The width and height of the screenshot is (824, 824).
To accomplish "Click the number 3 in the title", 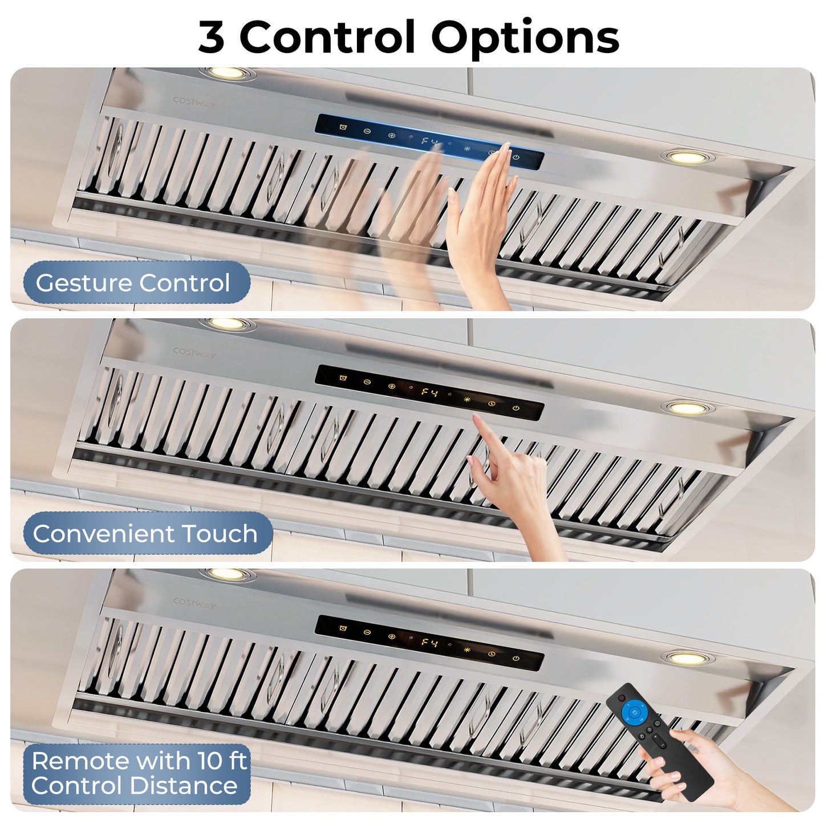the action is [x=212, y=37].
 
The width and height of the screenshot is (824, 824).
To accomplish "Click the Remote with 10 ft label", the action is [x=139, y=761].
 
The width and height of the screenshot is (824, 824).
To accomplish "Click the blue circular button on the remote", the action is [x=635, y=712].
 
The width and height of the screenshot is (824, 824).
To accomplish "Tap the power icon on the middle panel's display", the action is [x=515, y=408].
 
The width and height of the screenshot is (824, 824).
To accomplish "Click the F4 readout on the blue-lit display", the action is [x=430, y=141].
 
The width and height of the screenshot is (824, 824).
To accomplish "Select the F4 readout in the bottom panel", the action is [x=430, y=642].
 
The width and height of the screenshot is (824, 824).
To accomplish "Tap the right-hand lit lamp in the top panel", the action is [x=687, y=157].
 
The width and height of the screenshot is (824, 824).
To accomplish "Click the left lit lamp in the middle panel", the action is [x=227, y=324].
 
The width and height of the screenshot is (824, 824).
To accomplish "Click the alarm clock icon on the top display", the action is [x=343, y=127].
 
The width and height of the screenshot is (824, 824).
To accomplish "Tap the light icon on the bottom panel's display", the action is [x=467, y=650].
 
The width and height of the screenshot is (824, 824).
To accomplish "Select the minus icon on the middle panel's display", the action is [x=367, y=381].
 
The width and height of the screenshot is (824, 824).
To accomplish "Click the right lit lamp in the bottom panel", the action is [x=687, y=659].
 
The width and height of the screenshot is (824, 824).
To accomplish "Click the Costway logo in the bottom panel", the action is [x=194, y=603].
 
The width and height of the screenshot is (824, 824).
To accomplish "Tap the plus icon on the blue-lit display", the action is [x=391, y=136].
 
